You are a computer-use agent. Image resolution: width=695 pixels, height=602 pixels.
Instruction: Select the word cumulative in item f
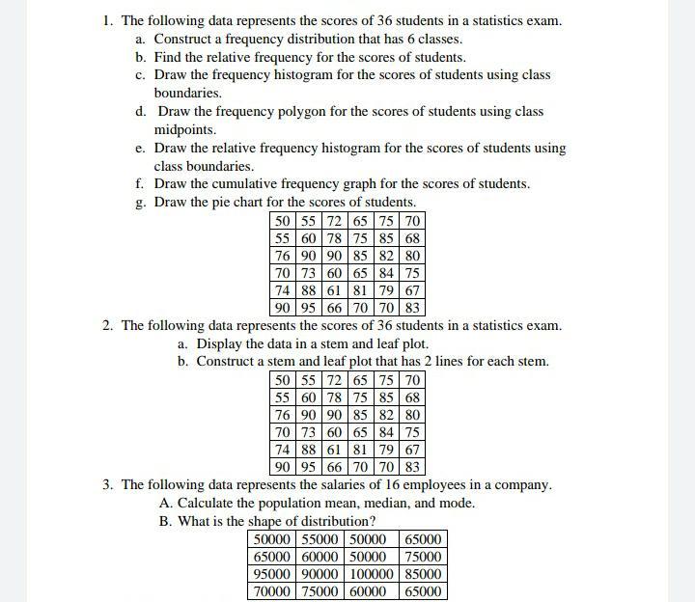[x=256, y=184]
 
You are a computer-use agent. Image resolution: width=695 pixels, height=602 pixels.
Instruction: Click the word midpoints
[x=185, y=130]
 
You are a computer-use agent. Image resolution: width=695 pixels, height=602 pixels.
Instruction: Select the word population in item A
[x=285, y=504]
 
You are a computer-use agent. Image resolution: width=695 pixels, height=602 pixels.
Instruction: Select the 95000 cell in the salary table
[x=273, y=574]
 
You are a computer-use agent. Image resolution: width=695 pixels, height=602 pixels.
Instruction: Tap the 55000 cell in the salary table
[x=321, y=539]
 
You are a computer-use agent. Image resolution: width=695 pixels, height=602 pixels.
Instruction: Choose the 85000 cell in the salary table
[x=423, y=574]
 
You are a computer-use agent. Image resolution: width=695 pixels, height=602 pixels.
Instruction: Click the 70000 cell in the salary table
[x=273, y=591]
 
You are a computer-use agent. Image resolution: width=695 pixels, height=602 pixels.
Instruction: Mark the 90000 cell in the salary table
[x=321, y=574]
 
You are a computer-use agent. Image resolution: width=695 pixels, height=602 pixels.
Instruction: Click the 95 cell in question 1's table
[x=308, y=309]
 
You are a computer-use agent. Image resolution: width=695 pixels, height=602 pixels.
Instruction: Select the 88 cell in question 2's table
[x=308, y=450]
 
